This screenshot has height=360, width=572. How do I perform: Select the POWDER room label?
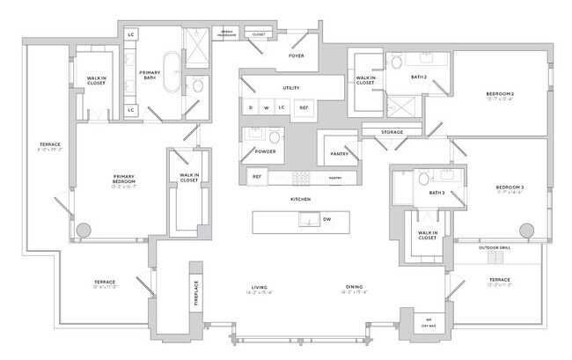[x=265, y=151]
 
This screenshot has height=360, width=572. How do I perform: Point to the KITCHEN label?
[x=302, y=200]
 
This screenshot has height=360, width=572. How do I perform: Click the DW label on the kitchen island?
[x=326, y=218]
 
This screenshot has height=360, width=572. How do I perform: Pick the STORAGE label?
[x=392, y=133]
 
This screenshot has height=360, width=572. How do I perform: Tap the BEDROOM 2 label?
[x=500, y=94]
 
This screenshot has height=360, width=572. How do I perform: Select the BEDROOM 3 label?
[x=509, y=187]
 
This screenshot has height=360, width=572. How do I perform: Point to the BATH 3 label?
[x=436, y=193]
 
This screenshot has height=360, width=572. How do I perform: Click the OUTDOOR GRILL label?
[x=494, y=248]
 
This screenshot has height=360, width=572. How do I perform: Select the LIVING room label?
[x=259, y=288]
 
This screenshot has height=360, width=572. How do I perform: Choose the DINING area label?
[x=355, y=288]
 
